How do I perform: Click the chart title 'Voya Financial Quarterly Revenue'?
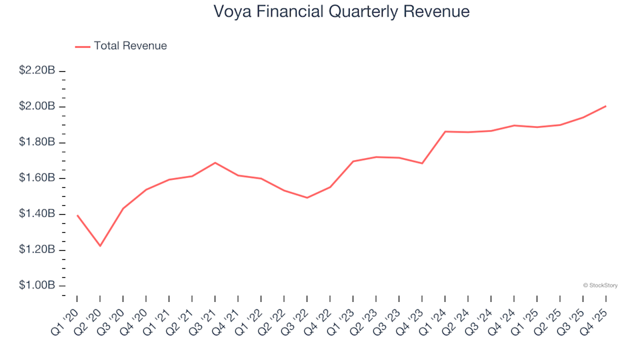point(341,12)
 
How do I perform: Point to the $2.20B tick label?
point(37,71)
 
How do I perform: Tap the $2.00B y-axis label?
point(37,107)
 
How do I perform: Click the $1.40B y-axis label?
point(37,214)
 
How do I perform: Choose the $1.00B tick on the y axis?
point(37,285)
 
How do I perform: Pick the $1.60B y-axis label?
point(37,178)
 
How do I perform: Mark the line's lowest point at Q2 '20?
point(100,246)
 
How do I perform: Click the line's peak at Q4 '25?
point(605,106)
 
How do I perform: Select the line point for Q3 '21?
point(215,163)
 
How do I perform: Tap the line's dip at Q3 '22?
point(307,197)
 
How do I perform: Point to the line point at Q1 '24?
point(445,131)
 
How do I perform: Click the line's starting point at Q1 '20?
point(77,215)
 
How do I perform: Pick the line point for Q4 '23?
point(422,163)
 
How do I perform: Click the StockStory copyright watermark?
point(600,285)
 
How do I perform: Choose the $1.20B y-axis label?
point(37,250)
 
